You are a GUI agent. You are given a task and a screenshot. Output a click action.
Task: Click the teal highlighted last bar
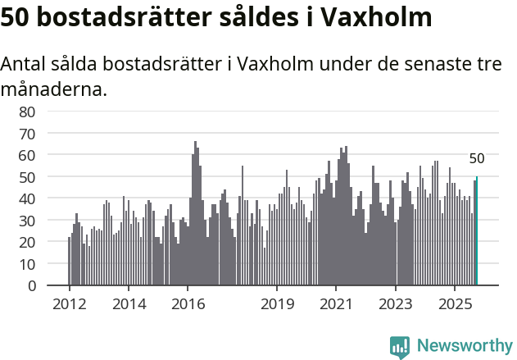pyautogui.click(x=477, y=231)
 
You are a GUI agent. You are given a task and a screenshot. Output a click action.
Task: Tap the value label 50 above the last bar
pyautogui.click(x=477, y=159)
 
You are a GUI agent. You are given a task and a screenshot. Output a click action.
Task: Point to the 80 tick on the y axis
pyautogui.click(x=27, y=112)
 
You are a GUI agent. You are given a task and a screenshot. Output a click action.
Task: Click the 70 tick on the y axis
pyautogui.click(x=27, y=133)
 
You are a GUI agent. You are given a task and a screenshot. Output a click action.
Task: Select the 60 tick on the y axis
pyautogui.click(x=27, y=155)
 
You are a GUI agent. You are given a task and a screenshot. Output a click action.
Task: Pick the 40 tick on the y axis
pyautogui.click(x=27, y=198)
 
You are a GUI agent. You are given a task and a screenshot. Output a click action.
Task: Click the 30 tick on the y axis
pyautogui.click(x=27, y=221)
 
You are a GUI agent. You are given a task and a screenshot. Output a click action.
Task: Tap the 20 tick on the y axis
pyautogui.click(x=27, y=243)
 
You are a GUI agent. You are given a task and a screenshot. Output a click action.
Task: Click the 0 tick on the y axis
pyautogui.click(x=31, y=286)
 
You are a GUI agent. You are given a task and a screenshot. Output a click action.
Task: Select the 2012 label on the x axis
pyautogui.click(x=69, y=303)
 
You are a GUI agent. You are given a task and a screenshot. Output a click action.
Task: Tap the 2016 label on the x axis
pyautogui.click(x=188, y=303)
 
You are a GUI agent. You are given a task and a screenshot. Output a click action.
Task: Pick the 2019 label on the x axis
pyautogui.click(x=277, y=303)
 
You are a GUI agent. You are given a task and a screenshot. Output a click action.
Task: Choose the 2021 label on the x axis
pyautogui.click(x=336, y=303)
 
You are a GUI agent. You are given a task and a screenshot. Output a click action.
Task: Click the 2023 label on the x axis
pyautogui.click(x=396, y=303)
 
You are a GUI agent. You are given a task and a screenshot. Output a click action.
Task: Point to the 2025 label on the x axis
pyautogui.click(x=455, y=303)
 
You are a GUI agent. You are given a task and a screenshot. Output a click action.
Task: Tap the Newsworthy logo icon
pyautogui.click(x=400, y=347)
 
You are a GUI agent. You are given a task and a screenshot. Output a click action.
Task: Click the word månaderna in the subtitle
pyautogui.click(x=54, y=89)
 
